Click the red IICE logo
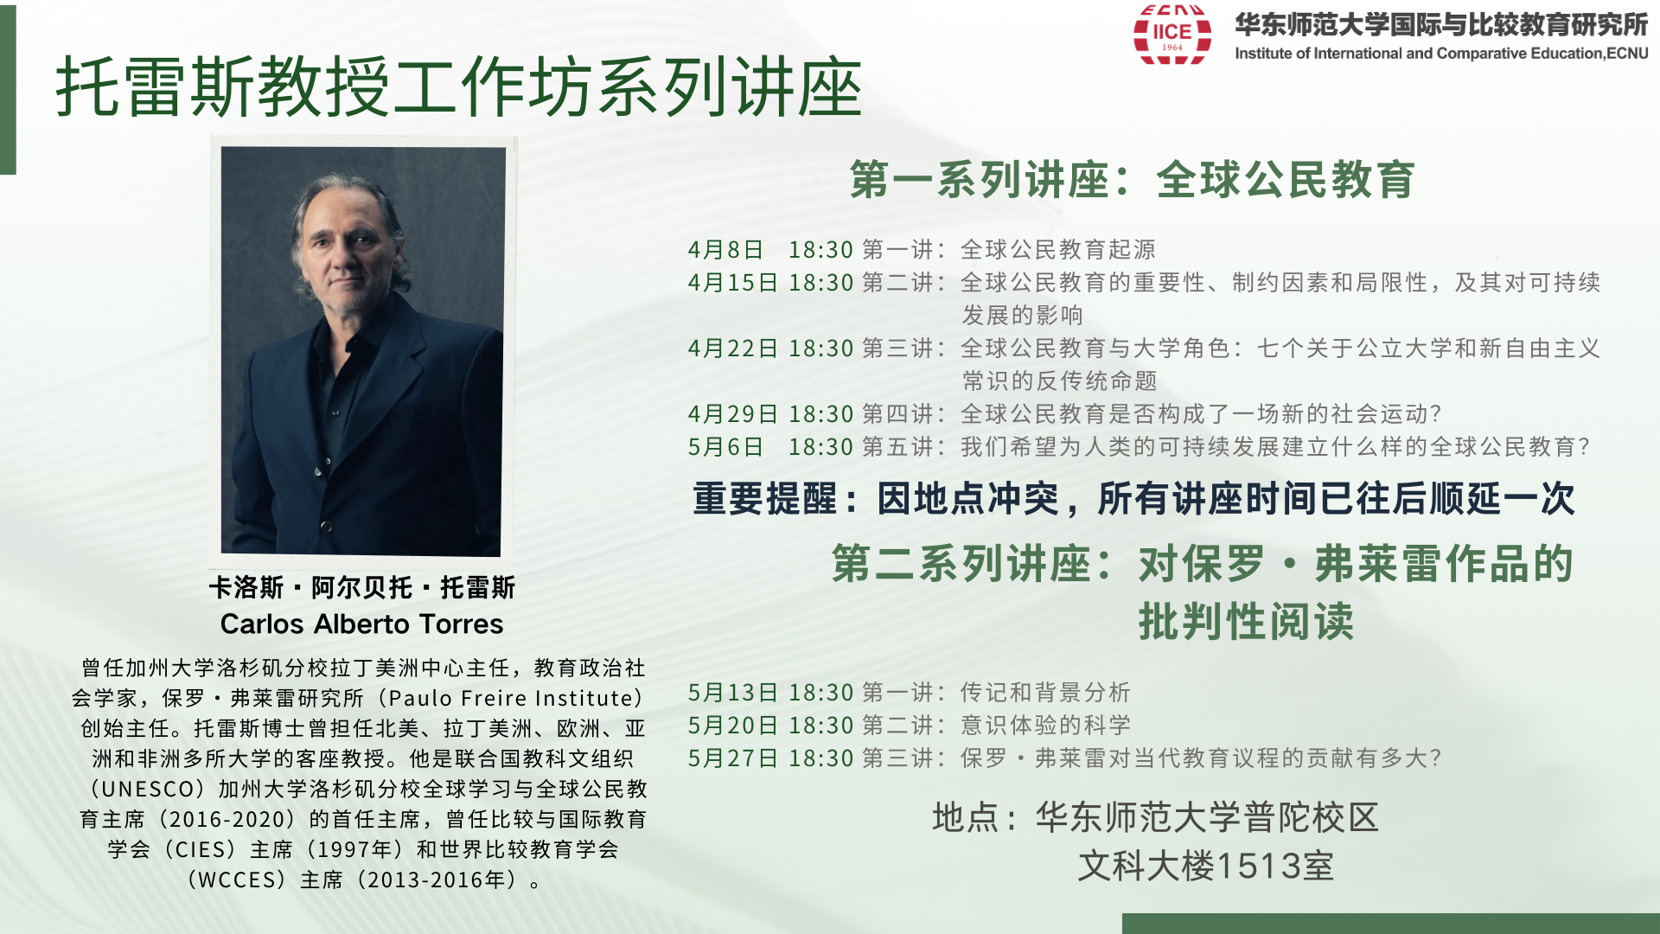pos(1172,35)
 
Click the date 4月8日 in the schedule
pos(725,250)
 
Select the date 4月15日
pos(732,283)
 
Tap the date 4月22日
pos(732,349)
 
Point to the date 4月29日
pos(732,414)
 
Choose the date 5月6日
pos(725,447)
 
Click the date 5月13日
pos(732,693)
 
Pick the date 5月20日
pos(732,726)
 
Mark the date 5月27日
pos(732,758)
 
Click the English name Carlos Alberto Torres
pos(361,624)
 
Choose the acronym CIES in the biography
pos(205,850)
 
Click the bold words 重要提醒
pos(764,499)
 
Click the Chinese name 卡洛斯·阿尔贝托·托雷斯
pos(361,588)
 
